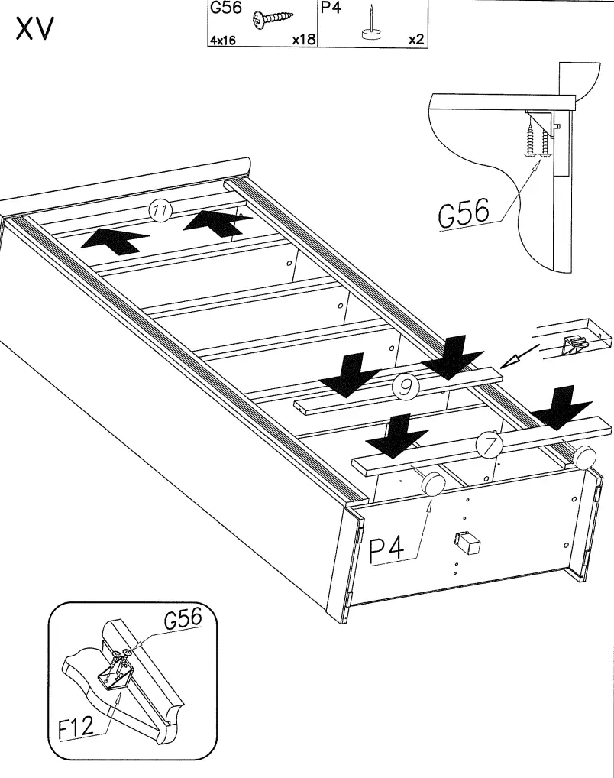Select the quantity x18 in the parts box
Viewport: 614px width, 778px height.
pyautogui.click(x=303, y=40)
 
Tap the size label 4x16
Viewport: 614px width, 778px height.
pyautogui.click(x=223, y=41)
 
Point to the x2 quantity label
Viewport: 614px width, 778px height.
pyautogui.click(x=415, y=40)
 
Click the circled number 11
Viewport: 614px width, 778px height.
pyautogui.click(x=160, y=211)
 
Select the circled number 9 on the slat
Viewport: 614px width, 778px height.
pyautogui.click(x=405, y=387)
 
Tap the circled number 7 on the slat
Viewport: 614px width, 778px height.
pyautogui.click(x=487, y=443)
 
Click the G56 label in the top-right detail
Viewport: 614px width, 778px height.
pyautogui.click(x=463, y=214)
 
